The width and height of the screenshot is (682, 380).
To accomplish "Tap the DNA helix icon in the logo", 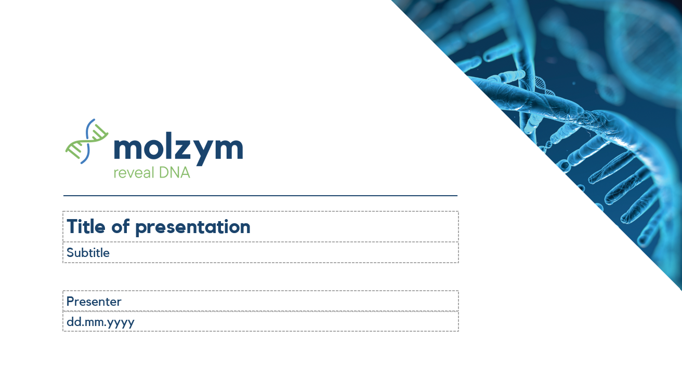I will coord(86,141).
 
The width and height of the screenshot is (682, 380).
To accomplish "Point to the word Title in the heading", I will coord(86,227).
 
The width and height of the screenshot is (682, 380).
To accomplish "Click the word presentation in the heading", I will coord(193,227).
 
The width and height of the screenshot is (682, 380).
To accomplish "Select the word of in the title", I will coord(120,227).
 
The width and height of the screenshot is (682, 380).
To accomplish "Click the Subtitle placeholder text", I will coord(88,253).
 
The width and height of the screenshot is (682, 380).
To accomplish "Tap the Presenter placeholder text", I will coord(94,302).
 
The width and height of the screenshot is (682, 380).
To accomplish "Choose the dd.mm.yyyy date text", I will coord(100,322).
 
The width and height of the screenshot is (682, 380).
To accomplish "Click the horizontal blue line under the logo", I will coord(260,196).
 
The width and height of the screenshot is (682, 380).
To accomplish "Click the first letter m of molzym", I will coord(126,150).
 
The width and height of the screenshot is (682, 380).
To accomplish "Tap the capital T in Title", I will coord(72,227).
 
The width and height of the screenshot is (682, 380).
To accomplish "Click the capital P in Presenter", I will coord(70,302).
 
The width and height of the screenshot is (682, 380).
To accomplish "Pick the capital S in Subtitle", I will coord(70,253).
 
